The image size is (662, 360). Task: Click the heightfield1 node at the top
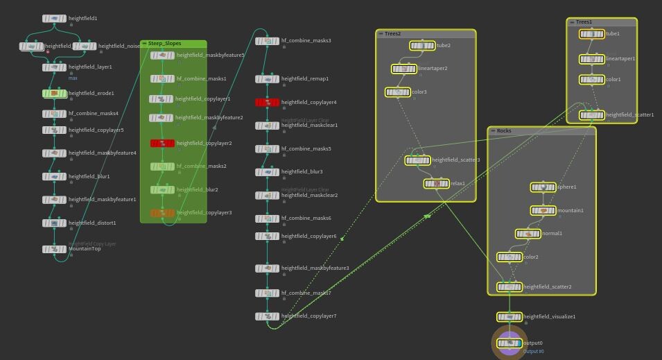54,19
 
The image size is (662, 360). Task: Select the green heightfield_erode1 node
54,93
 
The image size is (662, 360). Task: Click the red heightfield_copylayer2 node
162,144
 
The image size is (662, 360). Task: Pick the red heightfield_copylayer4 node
267,103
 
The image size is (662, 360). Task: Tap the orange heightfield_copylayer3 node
162,213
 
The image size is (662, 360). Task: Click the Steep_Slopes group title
164,44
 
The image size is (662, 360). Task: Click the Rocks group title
504,131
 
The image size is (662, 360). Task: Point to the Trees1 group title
584,22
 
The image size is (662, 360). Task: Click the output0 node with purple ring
509,343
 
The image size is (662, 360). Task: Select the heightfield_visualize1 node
509,317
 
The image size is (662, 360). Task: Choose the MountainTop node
54,249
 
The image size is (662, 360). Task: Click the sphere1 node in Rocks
543,187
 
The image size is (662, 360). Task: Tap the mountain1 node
543,210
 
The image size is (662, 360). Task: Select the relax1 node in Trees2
436,184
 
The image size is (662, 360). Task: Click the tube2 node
422,46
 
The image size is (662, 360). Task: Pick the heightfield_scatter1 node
592,115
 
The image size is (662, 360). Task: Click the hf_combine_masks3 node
267,41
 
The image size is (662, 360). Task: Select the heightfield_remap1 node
267,79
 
